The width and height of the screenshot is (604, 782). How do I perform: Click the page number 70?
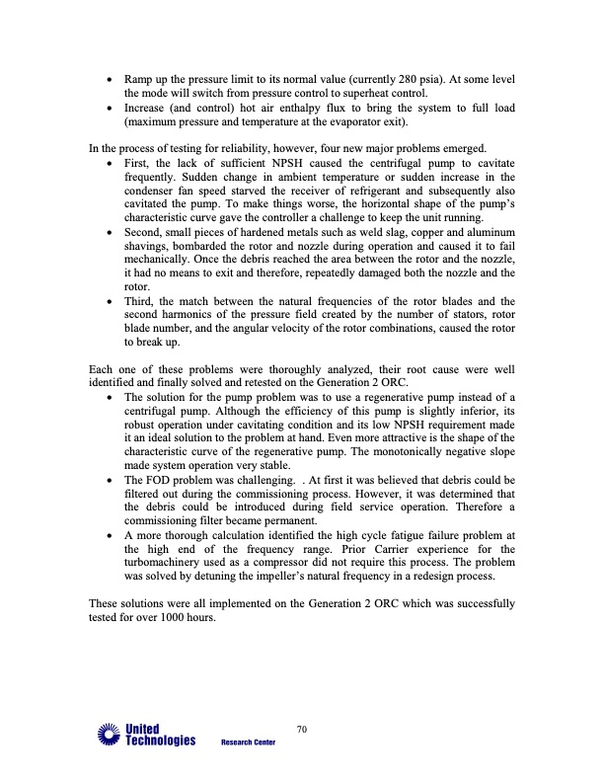click(x=302, y=729)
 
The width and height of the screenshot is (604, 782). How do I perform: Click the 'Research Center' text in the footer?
click(x=248, y=743)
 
